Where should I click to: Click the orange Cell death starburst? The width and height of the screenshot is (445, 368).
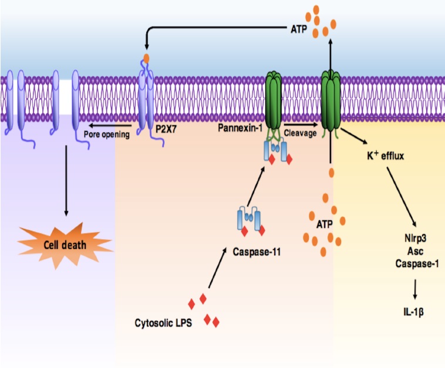(66, 244)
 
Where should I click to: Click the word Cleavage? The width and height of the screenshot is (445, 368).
(298, 133)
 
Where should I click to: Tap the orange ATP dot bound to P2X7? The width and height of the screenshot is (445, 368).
(147, 59)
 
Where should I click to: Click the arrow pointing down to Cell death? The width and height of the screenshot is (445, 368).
(66, 182)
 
